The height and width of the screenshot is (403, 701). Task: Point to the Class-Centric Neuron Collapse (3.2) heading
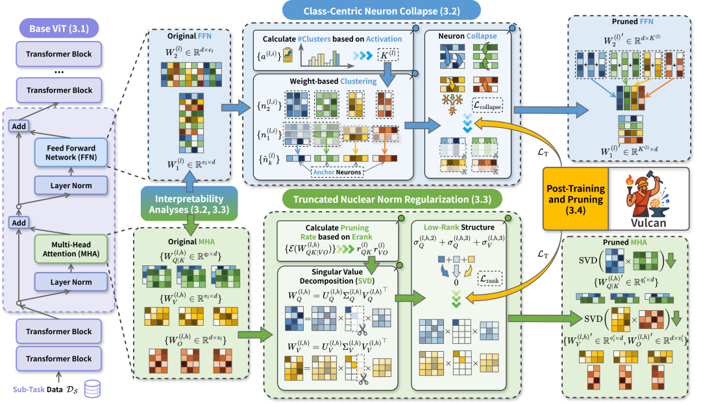382,10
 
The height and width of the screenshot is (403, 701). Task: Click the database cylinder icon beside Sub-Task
92,389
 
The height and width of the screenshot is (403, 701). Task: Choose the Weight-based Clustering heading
325,81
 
